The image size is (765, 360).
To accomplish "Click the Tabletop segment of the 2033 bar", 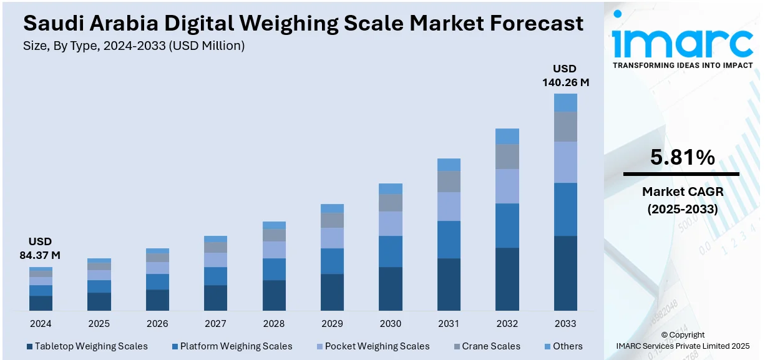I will pyautogui.click(x=565, y=273).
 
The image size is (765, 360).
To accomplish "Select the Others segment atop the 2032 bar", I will pyautogui.click(x=507, y=136).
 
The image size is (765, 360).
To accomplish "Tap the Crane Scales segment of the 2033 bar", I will pyautogui.click(x=565, y=127).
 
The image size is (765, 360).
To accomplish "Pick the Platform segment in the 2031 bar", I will pyautogui.click(x=449, y=240).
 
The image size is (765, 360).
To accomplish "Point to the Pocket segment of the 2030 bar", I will pyautogui.click(x=391, y=223).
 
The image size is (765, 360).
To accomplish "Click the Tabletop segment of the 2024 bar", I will pyautogui.click(x=41, y=303).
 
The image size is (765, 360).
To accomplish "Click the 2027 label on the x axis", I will pyautogui.click(x=215, y=324).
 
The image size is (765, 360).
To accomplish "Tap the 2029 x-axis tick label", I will pyautogui.click(x=332, y=324).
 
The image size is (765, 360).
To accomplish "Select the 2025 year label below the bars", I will pyautogui.click(x=99, y=324).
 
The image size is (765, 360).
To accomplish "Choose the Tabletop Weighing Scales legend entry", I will pyautogui.click(x=87, y=346).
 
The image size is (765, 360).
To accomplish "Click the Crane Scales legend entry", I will pyautogui.click(x=492, y=346).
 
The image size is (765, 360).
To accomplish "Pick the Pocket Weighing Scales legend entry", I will pyautogui.click(x=372, y=346).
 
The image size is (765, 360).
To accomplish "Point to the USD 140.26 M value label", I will pyautogui.click(x=565, y=75).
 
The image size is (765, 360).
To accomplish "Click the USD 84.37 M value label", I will pyautogui.click(x=41, y=248).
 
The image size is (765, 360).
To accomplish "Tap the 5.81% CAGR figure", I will pyautogui.click(x=682, y=158).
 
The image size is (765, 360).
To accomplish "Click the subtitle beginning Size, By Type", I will pyautogui.click(x=134, y=46).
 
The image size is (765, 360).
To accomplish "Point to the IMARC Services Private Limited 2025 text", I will pyautogui.click(x=683, y=345).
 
